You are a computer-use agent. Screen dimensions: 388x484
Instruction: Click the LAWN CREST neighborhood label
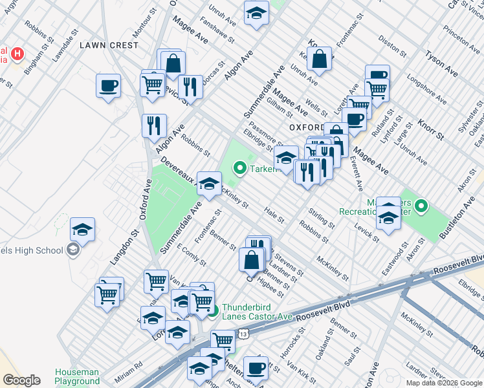[x=109, y=45]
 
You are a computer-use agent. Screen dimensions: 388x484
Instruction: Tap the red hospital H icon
[x=17, y=54]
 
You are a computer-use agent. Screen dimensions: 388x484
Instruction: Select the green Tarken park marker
[x=239, y=169]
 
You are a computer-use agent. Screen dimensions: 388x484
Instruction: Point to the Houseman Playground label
[x=77, y=376]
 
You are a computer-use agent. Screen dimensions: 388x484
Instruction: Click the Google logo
[x=21, y=380]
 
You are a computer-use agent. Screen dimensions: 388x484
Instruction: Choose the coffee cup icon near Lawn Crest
[x=108, y=86]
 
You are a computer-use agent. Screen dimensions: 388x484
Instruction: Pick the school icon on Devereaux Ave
[x=209, y=184]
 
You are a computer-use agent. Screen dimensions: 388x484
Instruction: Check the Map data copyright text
[x=443, y=383]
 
